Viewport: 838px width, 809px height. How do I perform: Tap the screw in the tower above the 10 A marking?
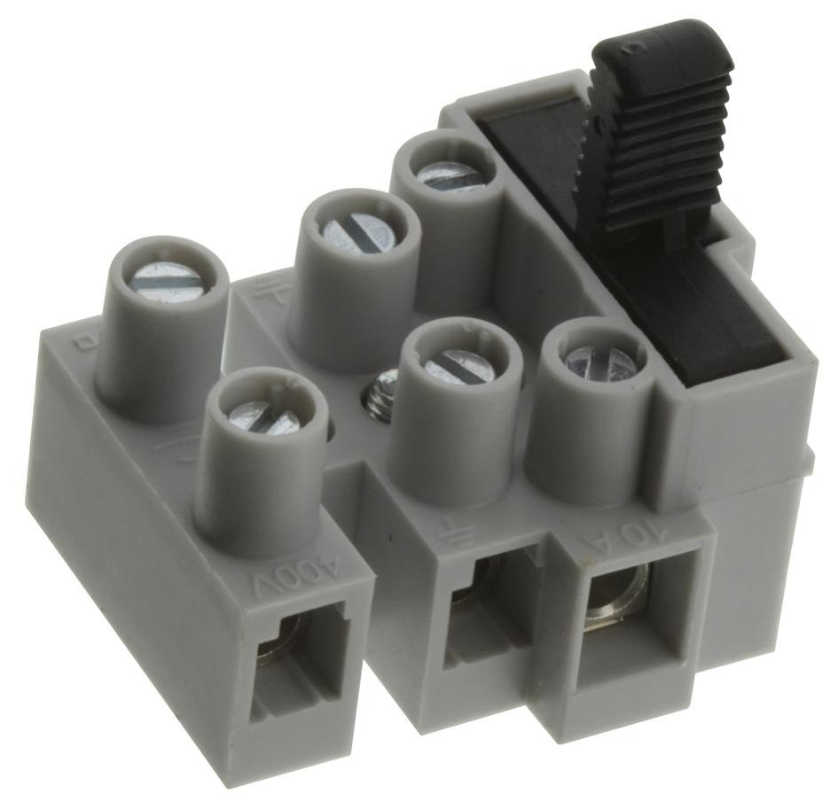click(599, 362)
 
